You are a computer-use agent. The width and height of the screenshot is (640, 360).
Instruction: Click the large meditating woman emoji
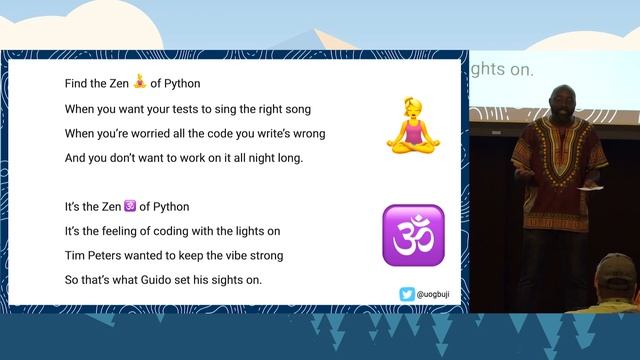coord(412,126)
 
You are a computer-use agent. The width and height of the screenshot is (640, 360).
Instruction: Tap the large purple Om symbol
coord(412,235)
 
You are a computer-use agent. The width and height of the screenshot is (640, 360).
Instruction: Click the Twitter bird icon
coord(405,294)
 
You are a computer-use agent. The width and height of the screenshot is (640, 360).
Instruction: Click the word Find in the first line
coord(78,82)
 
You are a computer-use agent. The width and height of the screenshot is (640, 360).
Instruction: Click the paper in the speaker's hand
coord(592,186)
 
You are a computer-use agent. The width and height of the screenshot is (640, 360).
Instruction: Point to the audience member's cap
coord(617,267)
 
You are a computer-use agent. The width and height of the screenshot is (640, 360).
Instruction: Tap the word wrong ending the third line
coord(306,133)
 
